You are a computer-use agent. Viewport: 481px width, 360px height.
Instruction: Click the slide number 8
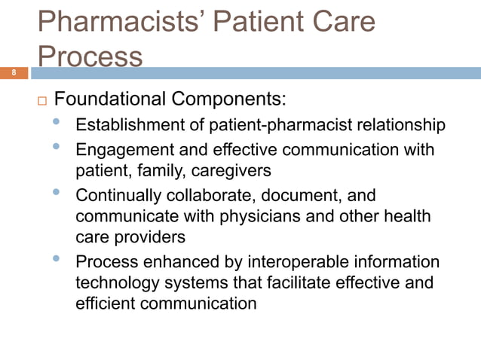(x=13, y=73)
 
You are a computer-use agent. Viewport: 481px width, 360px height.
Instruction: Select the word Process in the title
(x=90, y=57)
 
